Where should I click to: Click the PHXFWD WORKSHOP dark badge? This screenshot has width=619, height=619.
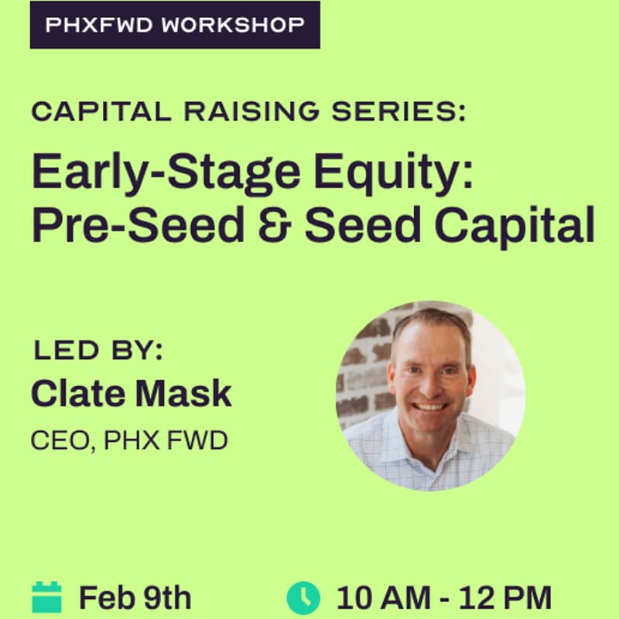point(174,25)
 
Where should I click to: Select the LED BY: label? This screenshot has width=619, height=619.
point(98,351)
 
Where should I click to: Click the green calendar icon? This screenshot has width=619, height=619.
point(46,597)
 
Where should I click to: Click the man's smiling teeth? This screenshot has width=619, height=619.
point(431,405)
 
